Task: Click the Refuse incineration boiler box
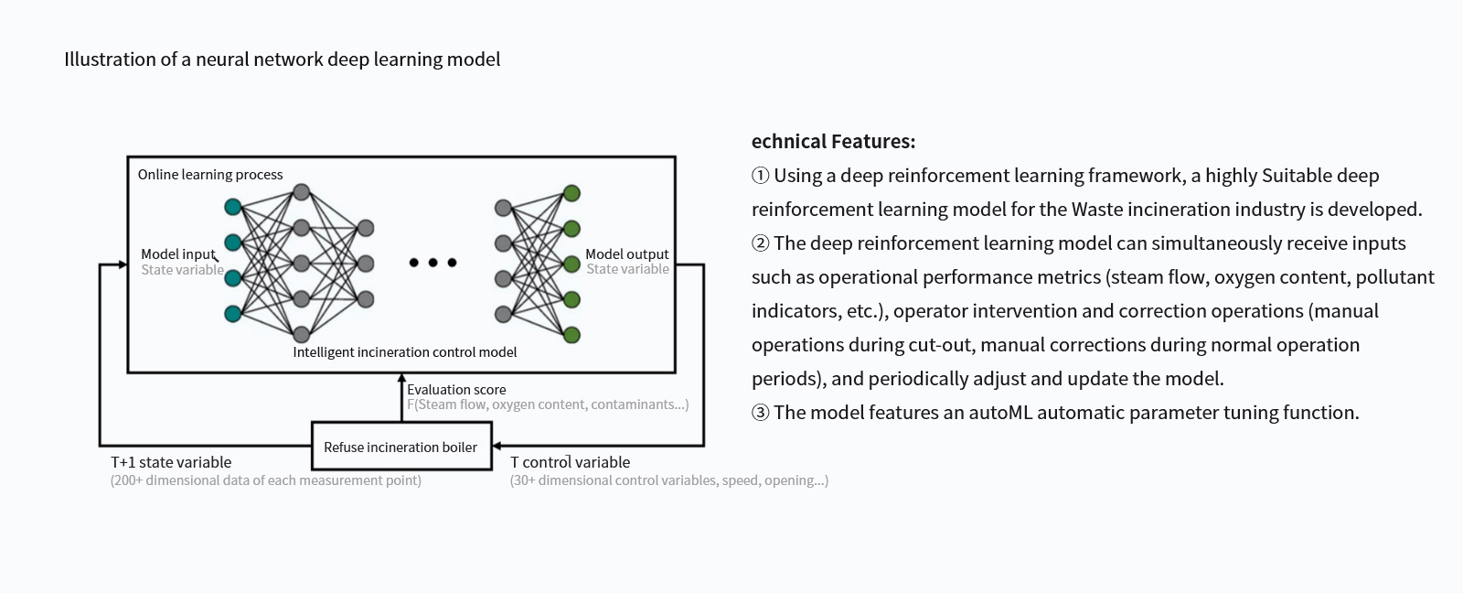(x=401, y=446)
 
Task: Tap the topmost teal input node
(x=233, y=207)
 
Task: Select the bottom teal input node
(x=233, y=315)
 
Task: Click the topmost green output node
(x=571, y=193)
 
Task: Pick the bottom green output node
(x=571, y=336)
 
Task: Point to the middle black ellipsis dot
(x=433, y=262)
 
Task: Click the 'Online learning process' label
(x=210, y=175)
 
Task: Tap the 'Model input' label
(x=178, y=253)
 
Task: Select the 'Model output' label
(x=627, y=253)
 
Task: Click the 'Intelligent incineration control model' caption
(x=405, y=352)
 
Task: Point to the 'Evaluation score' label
(x=456, y=390)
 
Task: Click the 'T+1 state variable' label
(x=171, y=462)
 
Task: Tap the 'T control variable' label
(x=571, y=462)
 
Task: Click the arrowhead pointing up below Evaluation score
(x=401, y=378)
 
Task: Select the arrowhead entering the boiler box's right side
(x=497, y=446)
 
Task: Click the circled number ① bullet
(x=760, y=175)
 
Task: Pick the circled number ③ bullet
(x=760, y=413)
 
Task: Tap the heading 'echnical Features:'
(x=833, y=141)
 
